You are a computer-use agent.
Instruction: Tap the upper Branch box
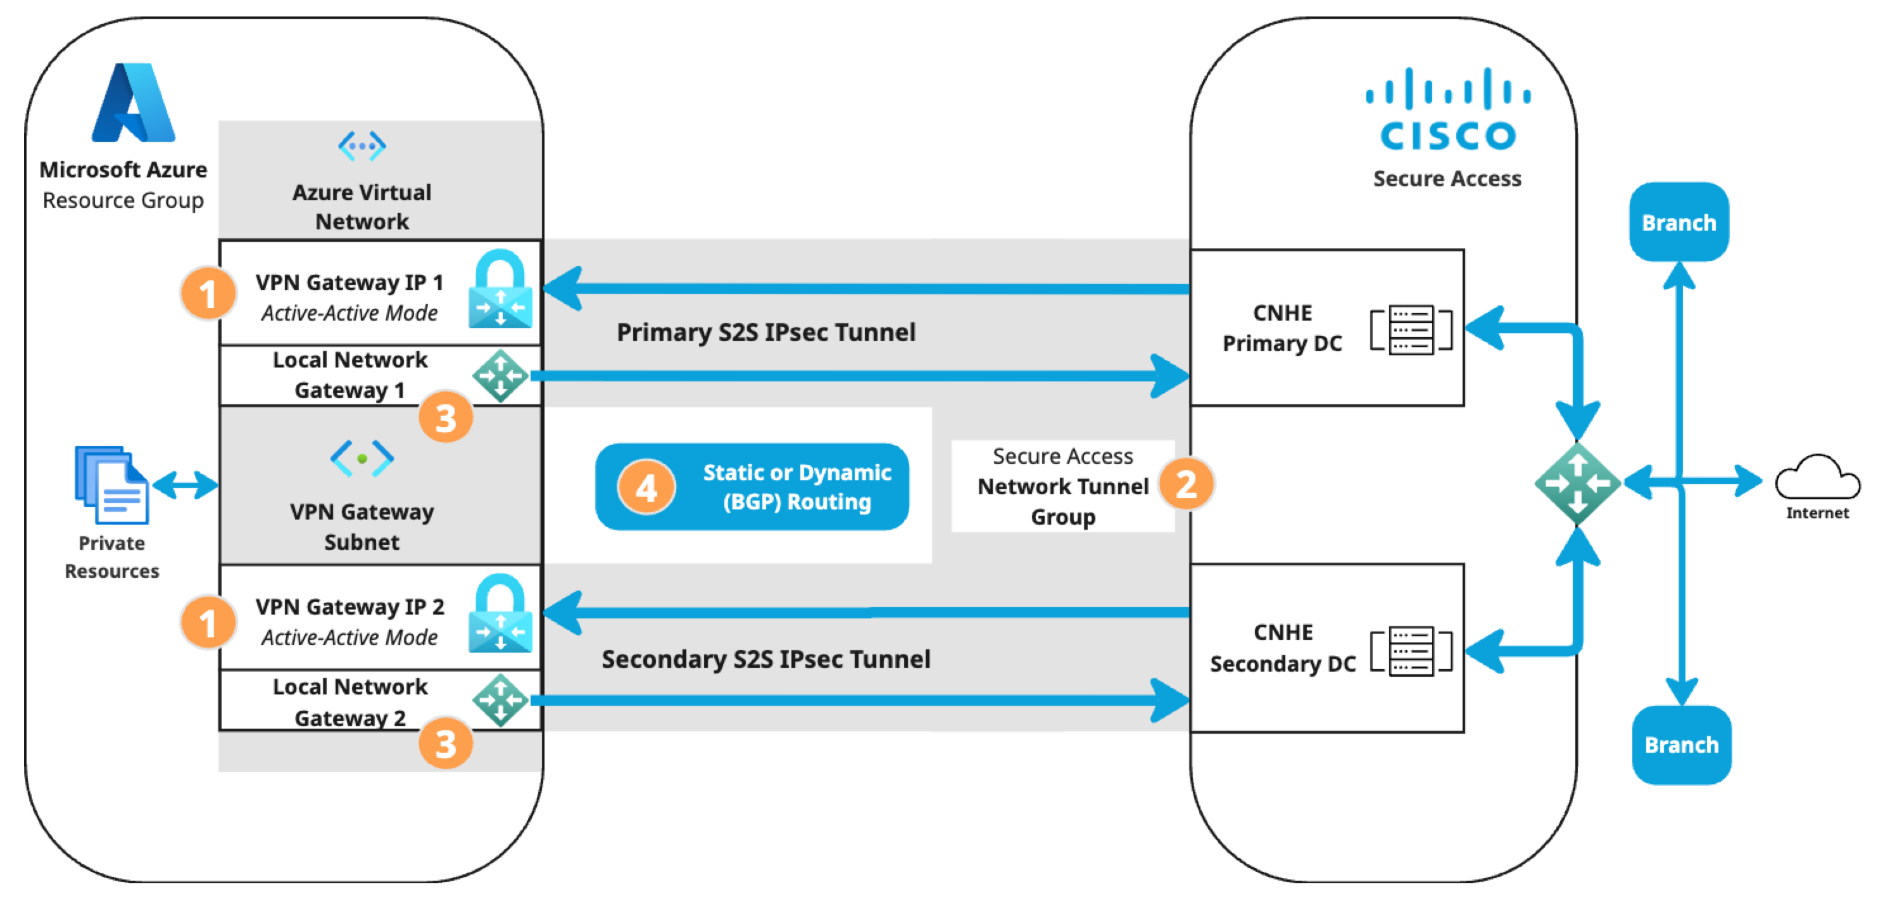1679,222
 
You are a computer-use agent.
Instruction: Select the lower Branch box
1681,744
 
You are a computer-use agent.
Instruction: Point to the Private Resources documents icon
112,485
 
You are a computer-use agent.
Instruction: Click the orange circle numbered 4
646,487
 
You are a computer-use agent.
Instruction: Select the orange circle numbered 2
1186,483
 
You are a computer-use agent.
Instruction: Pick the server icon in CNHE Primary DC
1411,330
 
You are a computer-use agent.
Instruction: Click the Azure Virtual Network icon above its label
362,146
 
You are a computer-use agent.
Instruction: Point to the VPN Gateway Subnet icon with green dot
362,459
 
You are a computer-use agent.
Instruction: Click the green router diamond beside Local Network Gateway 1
501,376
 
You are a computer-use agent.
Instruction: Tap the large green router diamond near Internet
1577,483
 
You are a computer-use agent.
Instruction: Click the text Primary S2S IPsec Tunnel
766,332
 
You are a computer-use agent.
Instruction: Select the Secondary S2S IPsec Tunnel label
766,659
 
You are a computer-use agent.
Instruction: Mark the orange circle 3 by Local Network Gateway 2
446,743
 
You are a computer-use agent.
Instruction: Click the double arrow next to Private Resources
185,485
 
